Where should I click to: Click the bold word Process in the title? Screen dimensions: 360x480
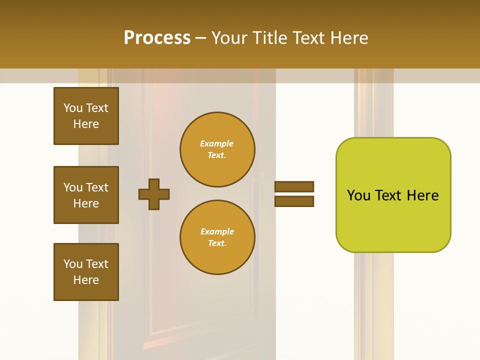click(x=157, y=38)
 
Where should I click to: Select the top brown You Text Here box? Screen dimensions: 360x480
click(x=86, y=116)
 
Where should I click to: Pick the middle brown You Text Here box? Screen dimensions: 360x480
click(x=86, y=195)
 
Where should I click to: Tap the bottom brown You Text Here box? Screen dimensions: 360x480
click(x=86, y=272)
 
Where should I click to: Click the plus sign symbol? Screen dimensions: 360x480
click(x=154, y=194)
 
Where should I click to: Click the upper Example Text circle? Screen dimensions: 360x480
click(x=217, y=149)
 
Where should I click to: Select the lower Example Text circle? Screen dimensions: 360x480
click(x=217, y=237)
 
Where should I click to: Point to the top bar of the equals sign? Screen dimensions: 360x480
click(x=294, y=186)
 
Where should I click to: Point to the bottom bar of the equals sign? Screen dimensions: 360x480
click(x=294, y=201)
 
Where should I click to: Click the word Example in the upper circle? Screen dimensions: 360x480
click(x=217, y=143)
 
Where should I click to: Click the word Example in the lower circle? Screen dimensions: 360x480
click(x=217, y=231)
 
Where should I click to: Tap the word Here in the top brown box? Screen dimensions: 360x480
click(x=86, y=124)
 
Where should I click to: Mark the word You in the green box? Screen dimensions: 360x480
click(x=359, y=195)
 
